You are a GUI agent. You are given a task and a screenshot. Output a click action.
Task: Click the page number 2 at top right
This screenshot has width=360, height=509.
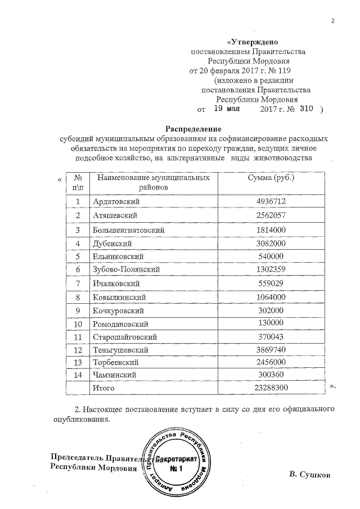pyautogui.click(x=332, y=21)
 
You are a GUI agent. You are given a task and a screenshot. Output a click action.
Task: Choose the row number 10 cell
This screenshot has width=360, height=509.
pyautogui.click(x=78, y=324)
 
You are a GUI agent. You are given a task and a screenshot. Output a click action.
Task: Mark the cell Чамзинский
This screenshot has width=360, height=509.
pyautogui.click(x=114, y=374)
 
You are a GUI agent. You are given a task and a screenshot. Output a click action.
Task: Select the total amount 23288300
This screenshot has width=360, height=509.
pyautogui.click(x=271, y=388)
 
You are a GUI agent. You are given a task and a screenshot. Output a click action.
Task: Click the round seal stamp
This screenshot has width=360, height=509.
pyautogui.click(x=177, y=464)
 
